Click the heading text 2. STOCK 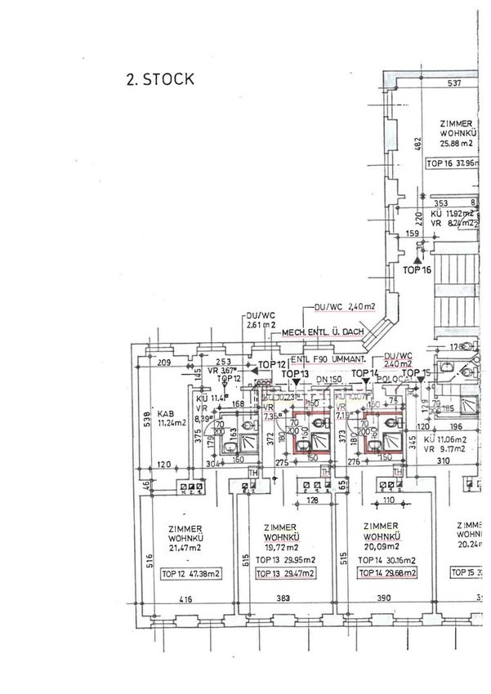(158, 79)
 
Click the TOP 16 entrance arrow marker (417, 257)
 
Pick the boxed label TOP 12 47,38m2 (191, 574)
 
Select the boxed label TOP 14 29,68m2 (386, 574)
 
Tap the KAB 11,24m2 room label (172, 418)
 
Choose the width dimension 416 (187, 600)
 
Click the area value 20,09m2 (382, 546)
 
